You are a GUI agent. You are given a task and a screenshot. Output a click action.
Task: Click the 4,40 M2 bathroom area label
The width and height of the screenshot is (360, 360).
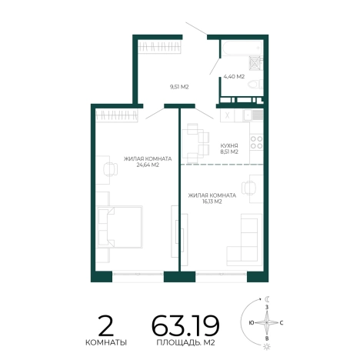click(234, 76)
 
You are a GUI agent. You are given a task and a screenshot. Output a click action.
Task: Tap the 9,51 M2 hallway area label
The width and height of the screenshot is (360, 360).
click(179, 87)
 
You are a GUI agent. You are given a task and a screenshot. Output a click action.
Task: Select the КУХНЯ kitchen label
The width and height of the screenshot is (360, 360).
click(229, 145)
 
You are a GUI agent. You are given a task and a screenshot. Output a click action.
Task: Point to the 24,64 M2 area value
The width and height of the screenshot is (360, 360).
click(148, 165)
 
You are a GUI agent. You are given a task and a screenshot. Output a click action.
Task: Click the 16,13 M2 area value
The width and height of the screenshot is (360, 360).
click(212, 202)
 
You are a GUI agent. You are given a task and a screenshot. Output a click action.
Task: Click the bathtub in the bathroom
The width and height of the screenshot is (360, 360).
click(242, 48)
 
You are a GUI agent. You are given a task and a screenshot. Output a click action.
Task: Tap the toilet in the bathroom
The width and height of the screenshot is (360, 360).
click(255, 84)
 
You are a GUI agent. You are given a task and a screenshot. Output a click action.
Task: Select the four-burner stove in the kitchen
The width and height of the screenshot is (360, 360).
click(256, 142)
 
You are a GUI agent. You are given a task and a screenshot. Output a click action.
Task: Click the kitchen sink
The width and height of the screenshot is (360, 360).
click(253, 115)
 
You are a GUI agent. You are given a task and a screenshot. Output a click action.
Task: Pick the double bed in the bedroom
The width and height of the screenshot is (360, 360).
click(119, 227)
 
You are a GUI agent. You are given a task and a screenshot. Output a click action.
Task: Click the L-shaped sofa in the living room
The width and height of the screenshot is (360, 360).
click(245, 240)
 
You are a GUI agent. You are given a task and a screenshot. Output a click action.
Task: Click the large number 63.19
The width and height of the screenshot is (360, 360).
click(185, 325)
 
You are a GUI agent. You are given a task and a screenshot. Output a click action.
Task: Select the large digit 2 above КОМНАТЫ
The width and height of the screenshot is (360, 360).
click(106, 325)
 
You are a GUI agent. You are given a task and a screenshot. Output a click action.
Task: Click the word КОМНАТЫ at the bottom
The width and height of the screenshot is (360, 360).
click(106, 342)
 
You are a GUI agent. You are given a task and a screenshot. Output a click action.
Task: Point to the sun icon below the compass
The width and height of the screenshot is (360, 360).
click(267, 347)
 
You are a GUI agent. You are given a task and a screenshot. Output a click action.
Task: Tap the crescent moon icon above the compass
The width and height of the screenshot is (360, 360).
click(268, 299)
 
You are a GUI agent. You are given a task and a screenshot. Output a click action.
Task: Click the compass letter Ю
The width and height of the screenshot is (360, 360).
click(252, 323)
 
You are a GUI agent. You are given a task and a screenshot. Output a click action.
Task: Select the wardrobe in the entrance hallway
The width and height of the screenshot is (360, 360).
click(159, 47)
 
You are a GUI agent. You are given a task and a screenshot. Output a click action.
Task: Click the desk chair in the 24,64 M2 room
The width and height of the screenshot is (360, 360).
click(111, 169)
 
